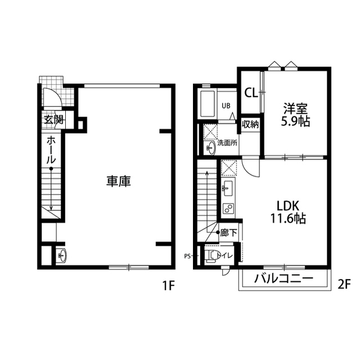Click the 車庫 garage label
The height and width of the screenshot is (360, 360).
pyautogui.click(x=119, y=182)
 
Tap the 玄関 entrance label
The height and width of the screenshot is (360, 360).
pyautogui.click(x=53, y=120)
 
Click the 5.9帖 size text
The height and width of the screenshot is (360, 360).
pyautogui.click(x=296, y=120)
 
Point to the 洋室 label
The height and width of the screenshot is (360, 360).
pyautogui.click(x=296, y=107)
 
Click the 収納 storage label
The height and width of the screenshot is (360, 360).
pyautogui.click(x=250, y=124)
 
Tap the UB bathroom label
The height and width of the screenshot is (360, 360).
pyautogui.click(x=226, y=105)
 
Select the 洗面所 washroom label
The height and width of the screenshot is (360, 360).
pyautogui.click(x=227, y=143)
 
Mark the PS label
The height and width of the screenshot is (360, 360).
pyautogui.click(x=187, y=256)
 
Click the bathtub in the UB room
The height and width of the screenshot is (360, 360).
pyautogui.click(x=208, y=103)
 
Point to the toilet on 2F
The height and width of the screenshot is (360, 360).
pyautogui.click(x=213, y=256)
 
